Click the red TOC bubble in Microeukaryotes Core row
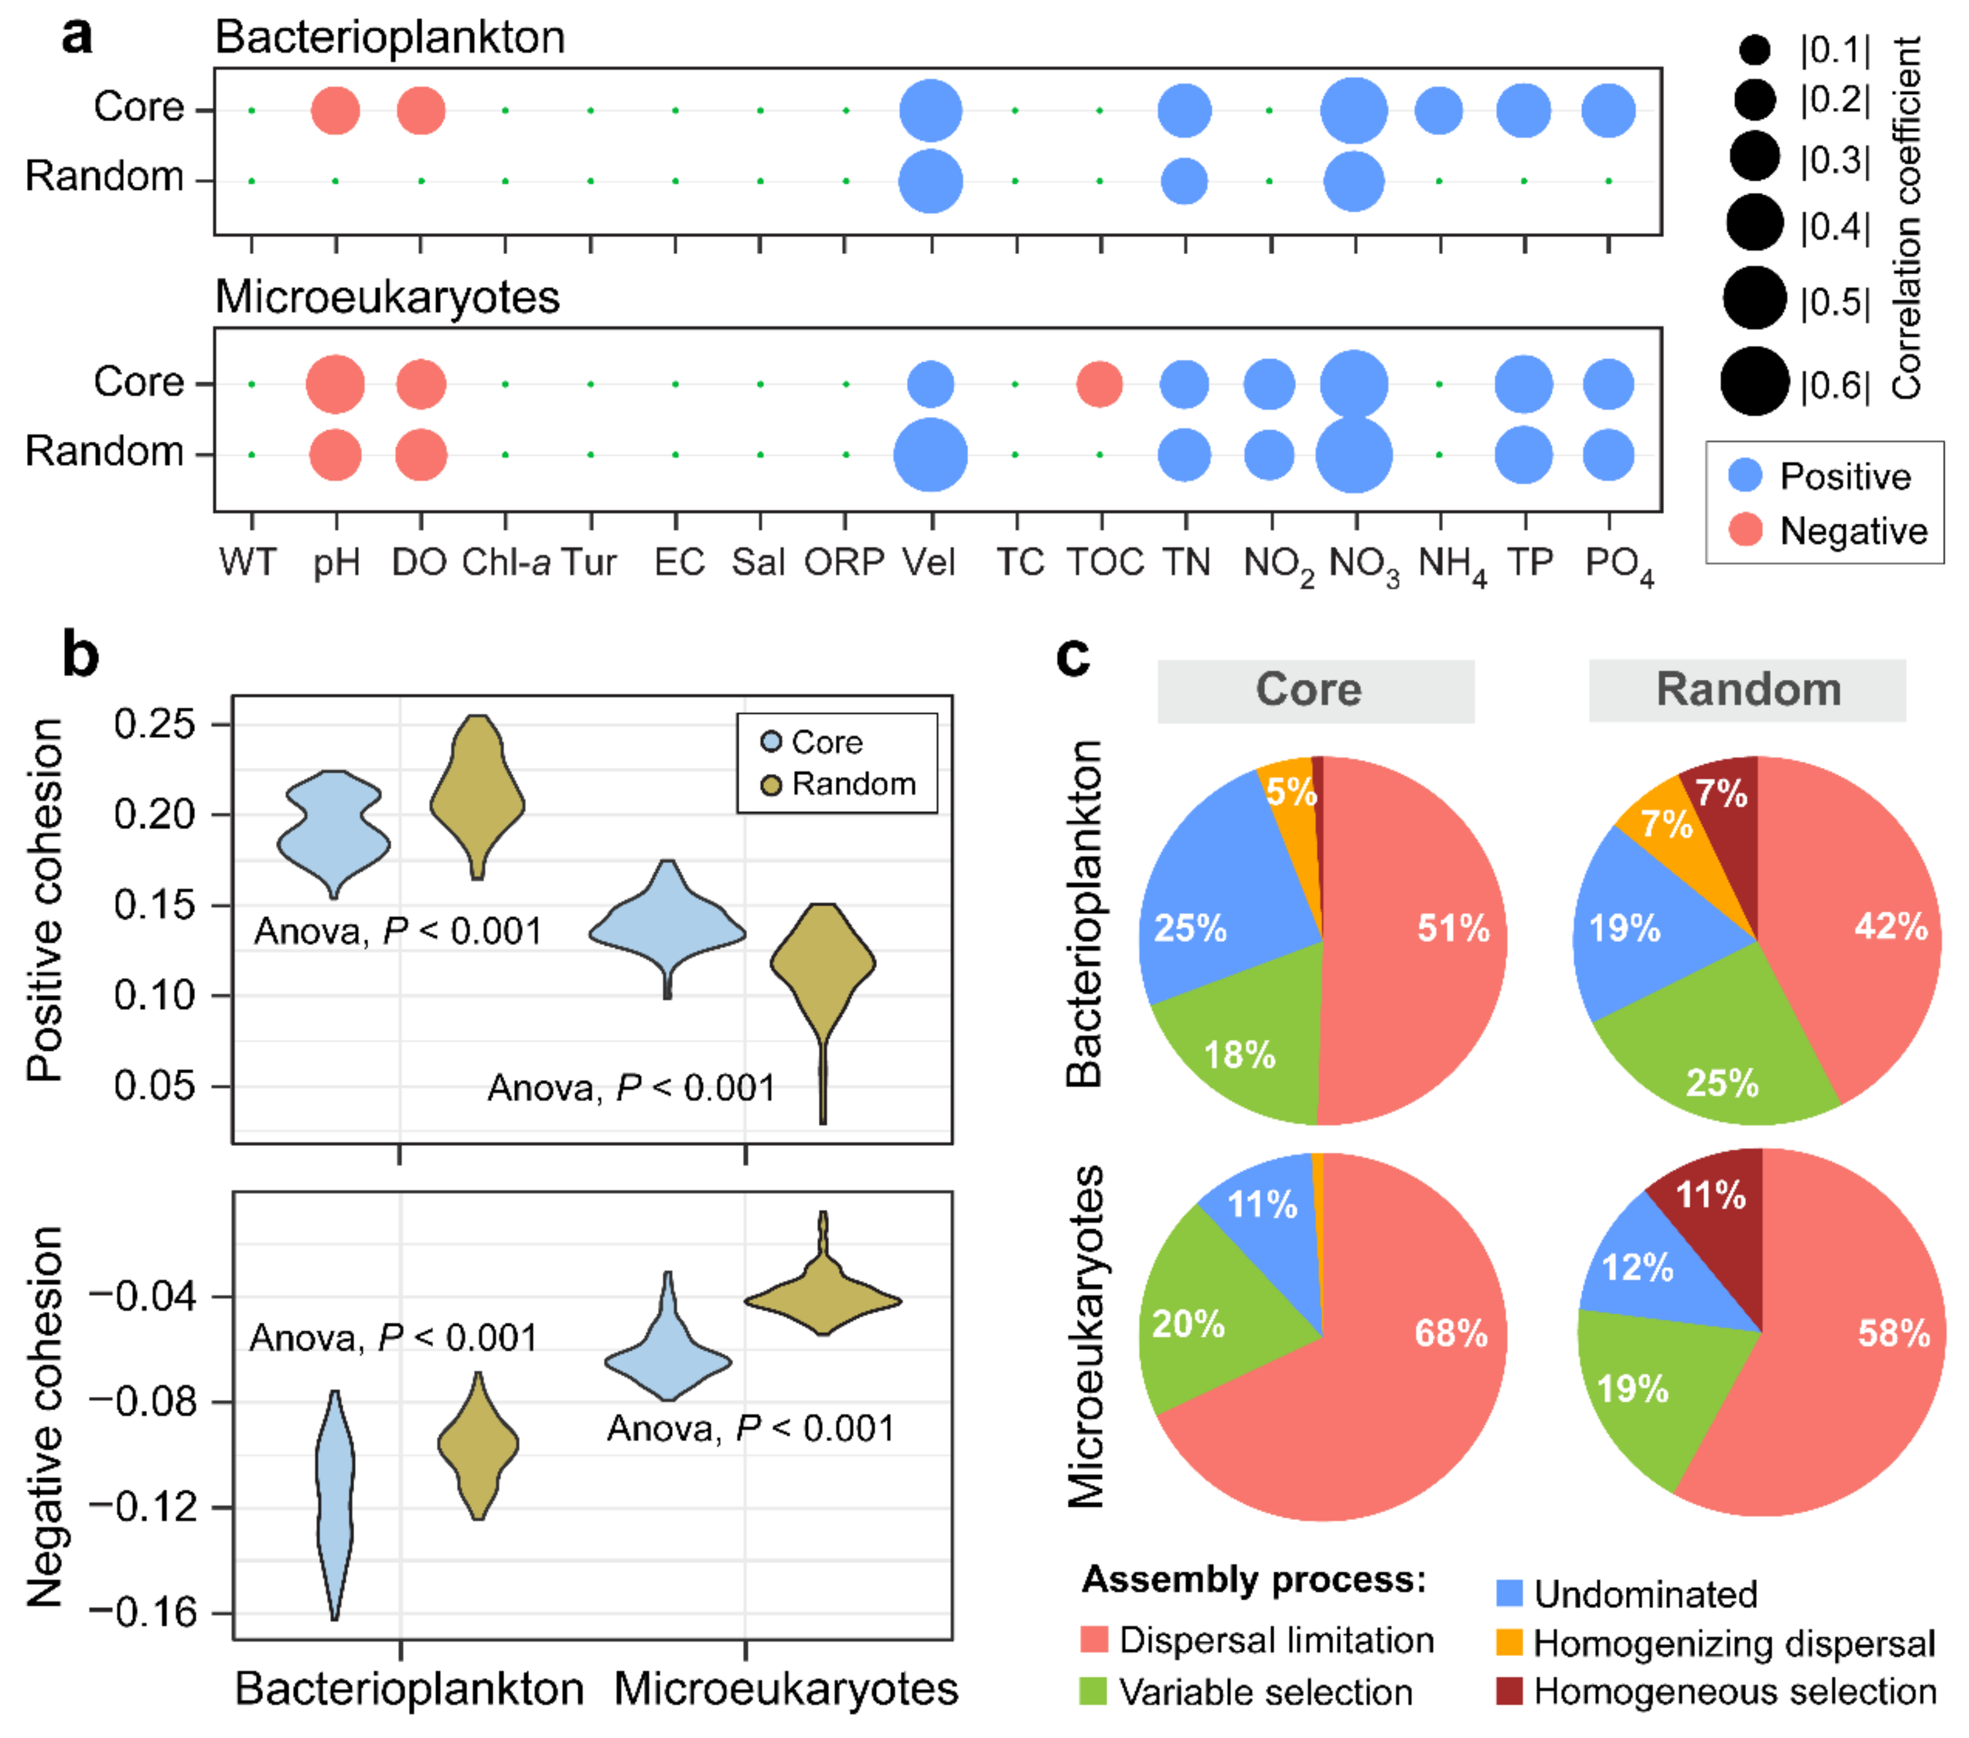tap(1099, 384)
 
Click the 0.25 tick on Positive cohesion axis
tap(154, 724)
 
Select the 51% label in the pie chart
tap(1453, 928)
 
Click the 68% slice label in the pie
tap(1451, 1334)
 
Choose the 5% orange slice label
tap(1291, 792)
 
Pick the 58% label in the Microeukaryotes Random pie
tap(1894, 1334)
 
